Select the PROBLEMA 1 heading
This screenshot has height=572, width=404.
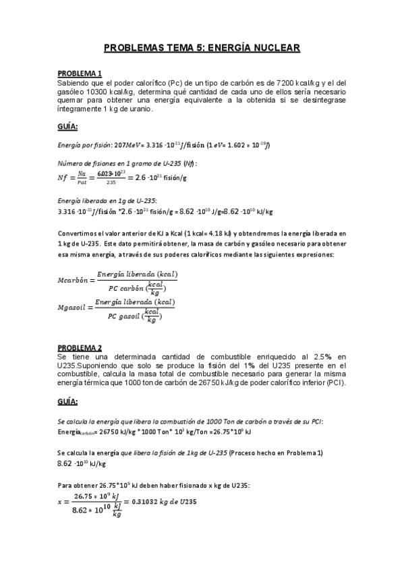pos(80,74)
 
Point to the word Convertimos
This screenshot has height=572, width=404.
pos(78,234)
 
